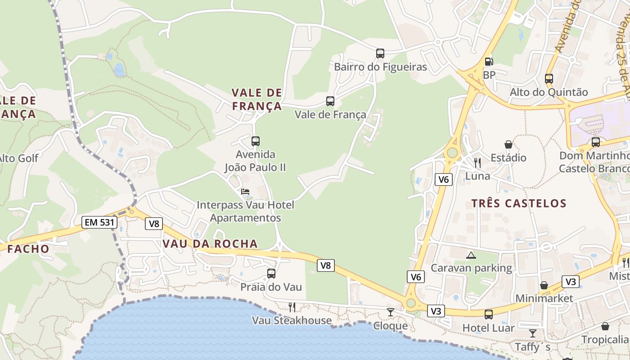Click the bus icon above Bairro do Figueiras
[x=380, y=54]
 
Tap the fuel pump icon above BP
[x=489, y=61]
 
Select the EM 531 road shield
[x=99, y=222]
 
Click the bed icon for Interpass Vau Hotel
[x=245, y=192]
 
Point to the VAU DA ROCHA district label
[x=210, y=244]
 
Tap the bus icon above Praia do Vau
[x=271, y=274]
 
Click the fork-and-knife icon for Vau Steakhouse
[x=292, y=307]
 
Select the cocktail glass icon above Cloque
[x=390, y=312]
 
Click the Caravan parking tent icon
[x=471, y=256]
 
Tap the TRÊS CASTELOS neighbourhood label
[x=518, y=203]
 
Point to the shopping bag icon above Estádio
[x=508, y=144]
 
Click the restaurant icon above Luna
[x=477, y=162]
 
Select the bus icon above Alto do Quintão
[x=549, y=79]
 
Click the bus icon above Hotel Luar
[x=489, y=315]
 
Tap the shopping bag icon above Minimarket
[x=544, y=285]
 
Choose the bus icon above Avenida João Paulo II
[x=256, y=141]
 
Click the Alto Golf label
[x=18, y=158]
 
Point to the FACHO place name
[x=28, y=249]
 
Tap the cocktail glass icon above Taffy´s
[x=532, y=333]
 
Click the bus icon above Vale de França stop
[x=330, y=101]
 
